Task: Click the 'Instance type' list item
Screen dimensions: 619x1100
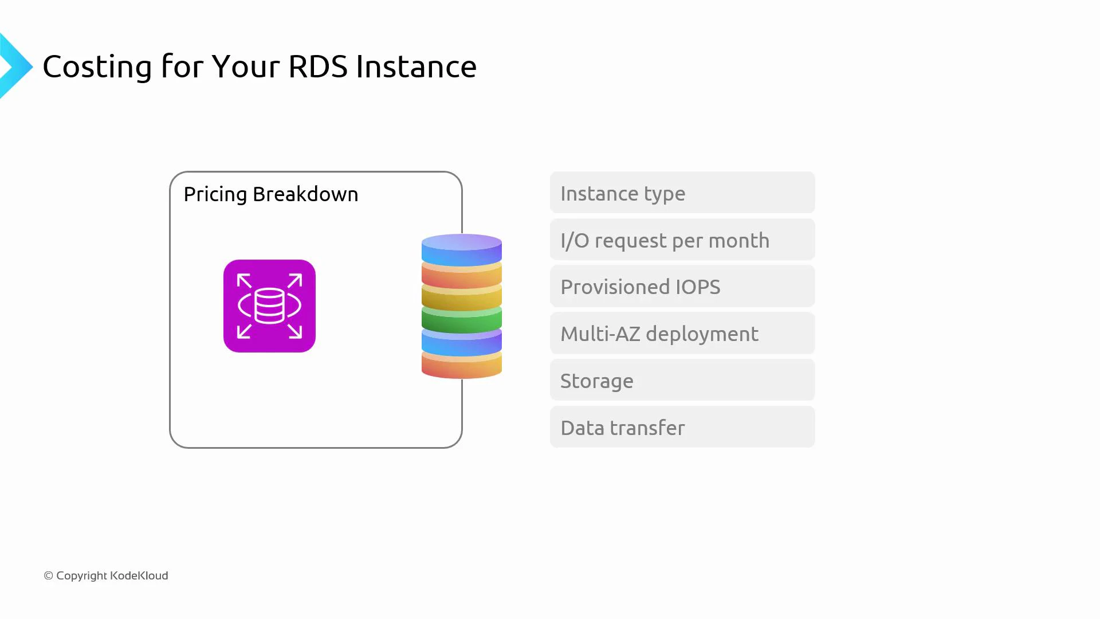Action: click(682, 193)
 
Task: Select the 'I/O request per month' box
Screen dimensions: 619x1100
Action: click(682, 240)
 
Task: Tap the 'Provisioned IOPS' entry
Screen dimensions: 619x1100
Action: click(682, 287)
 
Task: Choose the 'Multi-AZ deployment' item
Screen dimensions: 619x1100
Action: click(682, 334)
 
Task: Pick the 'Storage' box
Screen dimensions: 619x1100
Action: click(682, 381)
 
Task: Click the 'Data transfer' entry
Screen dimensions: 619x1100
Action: click(682, 428)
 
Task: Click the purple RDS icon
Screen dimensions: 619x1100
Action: click(269, 306)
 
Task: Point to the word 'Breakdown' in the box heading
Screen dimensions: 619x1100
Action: click(305, 194)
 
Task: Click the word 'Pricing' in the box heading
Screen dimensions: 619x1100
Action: click(215, 195)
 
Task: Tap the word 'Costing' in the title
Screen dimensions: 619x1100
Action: click(97, 66)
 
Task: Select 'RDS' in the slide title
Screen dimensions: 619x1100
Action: click(318, 66)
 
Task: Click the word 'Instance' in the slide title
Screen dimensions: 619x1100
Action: click(416, 66)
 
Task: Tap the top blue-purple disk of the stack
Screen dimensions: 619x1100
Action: click(462, 249)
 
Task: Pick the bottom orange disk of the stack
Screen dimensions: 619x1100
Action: click(462, 366)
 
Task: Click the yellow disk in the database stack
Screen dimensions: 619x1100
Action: click(462, 297)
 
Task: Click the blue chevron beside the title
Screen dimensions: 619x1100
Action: click(15, 66)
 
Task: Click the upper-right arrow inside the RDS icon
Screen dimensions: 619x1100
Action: click(294, 281)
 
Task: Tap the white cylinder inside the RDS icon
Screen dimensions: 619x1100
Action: click(269, 306)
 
